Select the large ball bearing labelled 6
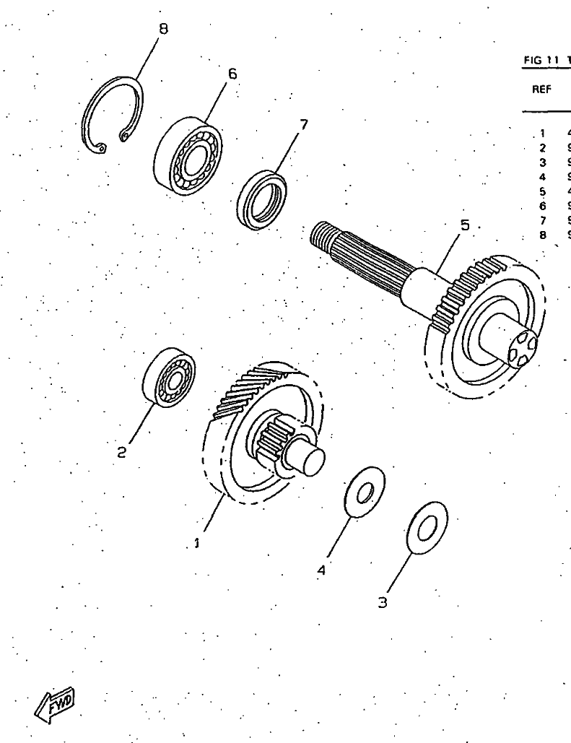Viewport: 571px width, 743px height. pos(188,156)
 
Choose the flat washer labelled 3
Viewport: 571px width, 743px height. pos(427,528)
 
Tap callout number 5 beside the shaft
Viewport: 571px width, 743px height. pos(465,225)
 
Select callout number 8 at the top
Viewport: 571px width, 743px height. pos(163,29)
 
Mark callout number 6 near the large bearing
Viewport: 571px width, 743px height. pos(232,74)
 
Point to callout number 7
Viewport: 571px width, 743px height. pos(303,124)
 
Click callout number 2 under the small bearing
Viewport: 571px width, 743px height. pos(122,453)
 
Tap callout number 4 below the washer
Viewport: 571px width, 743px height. pos(322,570)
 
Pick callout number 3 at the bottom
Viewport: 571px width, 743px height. pos(383,602)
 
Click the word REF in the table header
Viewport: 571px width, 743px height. pos(542,90)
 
